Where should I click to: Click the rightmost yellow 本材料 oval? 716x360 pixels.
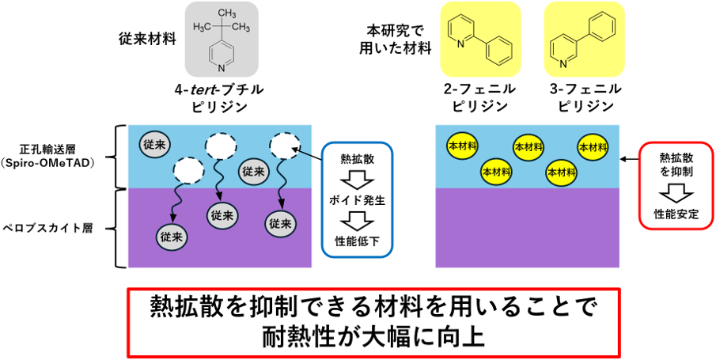pos(593,146)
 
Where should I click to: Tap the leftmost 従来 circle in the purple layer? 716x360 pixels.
pos(172,236)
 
